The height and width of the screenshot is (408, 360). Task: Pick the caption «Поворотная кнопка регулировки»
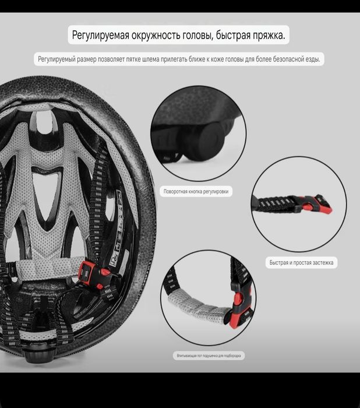[196, 191]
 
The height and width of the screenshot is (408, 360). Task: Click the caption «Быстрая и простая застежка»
[301, 263]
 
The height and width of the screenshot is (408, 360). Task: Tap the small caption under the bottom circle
[210, 356]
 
